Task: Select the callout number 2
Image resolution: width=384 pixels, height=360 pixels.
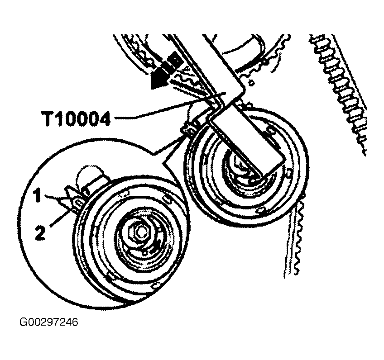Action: (x=40, y=234)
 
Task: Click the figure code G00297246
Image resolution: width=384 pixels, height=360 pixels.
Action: (x=49, y=322)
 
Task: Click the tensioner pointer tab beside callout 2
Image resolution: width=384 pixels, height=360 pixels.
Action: (x=77, y=204)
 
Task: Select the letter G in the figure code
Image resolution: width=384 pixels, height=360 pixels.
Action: (x=23, y=322)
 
